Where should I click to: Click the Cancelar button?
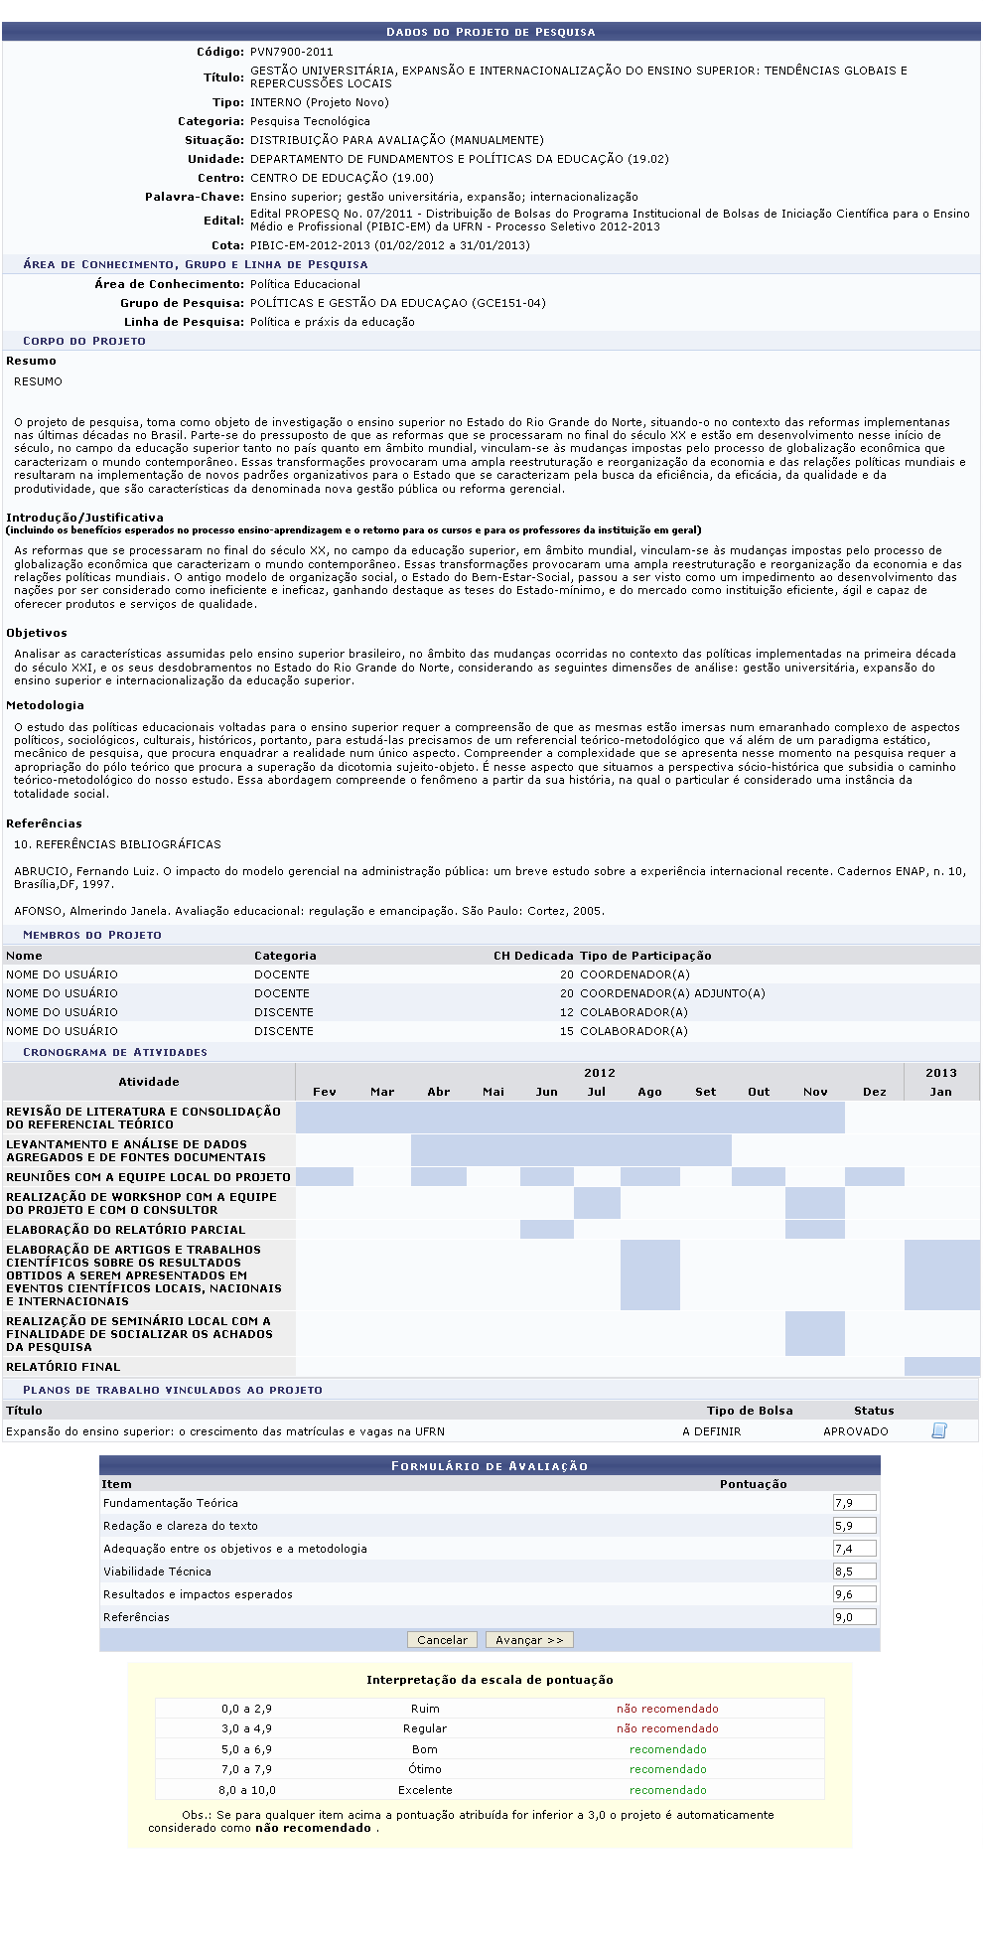442,1640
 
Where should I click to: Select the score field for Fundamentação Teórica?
854,1503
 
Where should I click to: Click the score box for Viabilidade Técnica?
854,1572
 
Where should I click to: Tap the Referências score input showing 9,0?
854,1617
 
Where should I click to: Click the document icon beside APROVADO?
938,1430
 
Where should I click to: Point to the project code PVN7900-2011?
292,52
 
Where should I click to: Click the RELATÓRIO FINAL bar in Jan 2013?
941,1367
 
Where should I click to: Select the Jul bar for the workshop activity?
597,1203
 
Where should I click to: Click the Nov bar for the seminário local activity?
814,1333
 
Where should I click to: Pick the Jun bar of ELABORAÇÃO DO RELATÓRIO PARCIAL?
547,1230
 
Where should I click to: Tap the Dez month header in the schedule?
875,1092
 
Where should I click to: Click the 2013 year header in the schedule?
941,1073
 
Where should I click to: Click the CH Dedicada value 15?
567,1031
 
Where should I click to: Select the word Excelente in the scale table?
425,1790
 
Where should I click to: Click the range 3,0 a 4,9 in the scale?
246,1728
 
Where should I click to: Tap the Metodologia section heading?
45,705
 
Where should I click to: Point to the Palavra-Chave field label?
195,197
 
